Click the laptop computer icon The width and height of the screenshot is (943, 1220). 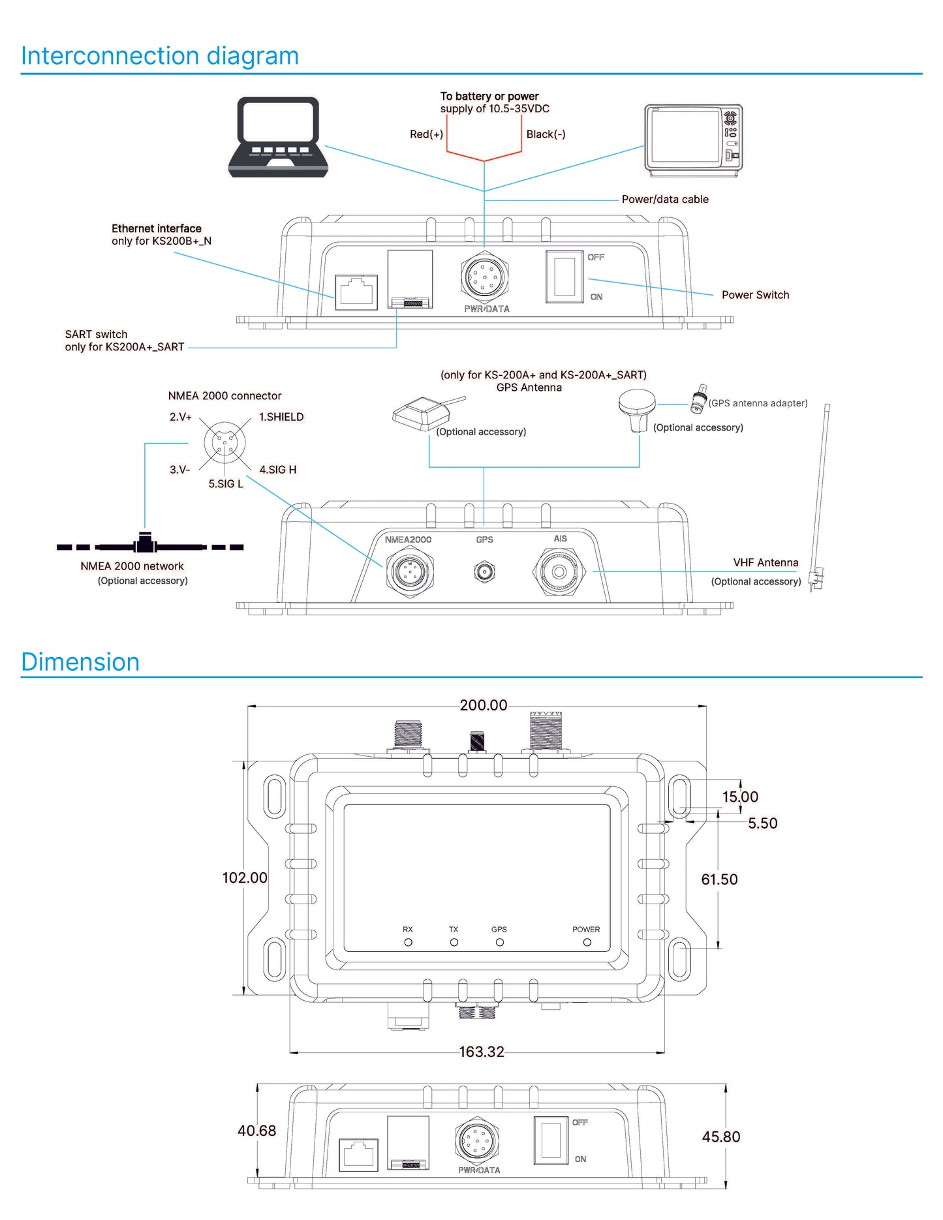coord(278,137)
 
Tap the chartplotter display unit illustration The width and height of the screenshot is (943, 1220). coord(693,140)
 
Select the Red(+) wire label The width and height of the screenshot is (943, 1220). coord(426,134)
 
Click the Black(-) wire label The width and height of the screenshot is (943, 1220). coord(546,134)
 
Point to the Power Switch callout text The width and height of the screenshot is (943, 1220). coord(755,295)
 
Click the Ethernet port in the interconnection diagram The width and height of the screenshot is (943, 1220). coord(356,292)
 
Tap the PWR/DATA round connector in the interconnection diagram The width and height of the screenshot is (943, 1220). coord(484,277)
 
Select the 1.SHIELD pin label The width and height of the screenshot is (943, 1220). coord(281,417)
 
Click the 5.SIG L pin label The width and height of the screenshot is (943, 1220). coord(226,484)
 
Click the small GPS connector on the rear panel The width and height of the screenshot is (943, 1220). coord(484,572)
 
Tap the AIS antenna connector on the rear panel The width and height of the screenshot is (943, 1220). coord(559,572)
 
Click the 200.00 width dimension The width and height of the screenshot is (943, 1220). coord(484,705)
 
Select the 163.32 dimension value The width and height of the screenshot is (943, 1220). coord(482,1052)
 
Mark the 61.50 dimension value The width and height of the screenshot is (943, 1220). coord(719,879)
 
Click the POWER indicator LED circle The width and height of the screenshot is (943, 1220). coord(587,942)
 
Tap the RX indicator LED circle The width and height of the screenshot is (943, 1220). coord(409,942)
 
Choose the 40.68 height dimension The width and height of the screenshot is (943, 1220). coord(256,1131)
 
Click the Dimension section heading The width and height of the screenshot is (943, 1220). coord(80,662)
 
